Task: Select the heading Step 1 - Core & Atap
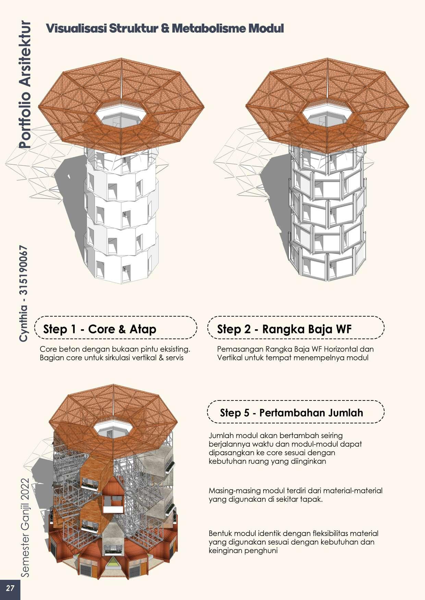click(100, 329)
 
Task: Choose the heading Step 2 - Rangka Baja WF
click(284, 329)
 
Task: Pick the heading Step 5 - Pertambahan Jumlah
click(291, 412)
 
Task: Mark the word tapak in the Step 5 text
click(312, 499)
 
